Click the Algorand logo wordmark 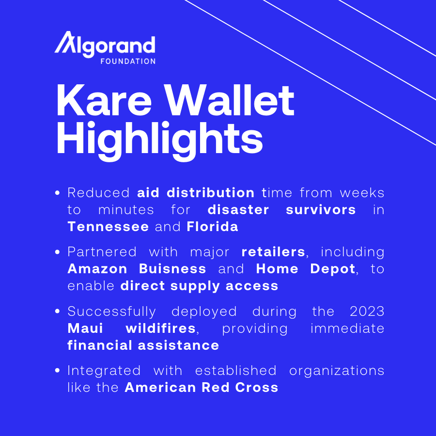click(105, 45)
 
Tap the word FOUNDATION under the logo click(128, 62)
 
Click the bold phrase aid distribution click(196, 193)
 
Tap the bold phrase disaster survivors click(281, 210)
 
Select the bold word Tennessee click(108, 227)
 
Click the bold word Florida click(213, 227)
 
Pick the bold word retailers click(273, 252)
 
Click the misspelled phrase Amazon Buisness click(137, 269)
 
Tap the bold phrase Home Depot click(306, 269)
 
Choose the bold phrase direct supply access click(200, 286)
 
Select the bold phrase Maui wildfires click(131, 328)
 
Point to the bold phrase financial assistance click(143, 345)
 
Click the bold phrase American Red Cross click(202, 387)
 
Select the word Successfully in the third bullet click(111, 311)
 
